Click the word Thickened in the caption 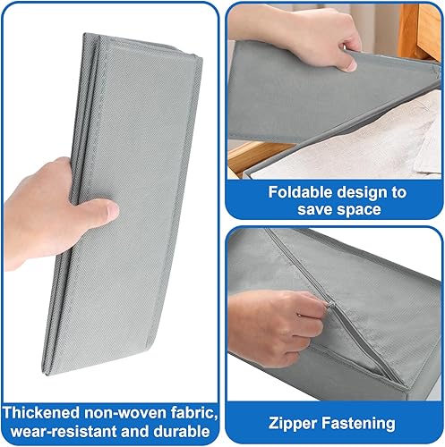[41, 413]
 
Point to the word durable [182, 431]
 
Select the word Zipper [293, 424]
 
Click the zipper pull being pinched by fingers [329, 305]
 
